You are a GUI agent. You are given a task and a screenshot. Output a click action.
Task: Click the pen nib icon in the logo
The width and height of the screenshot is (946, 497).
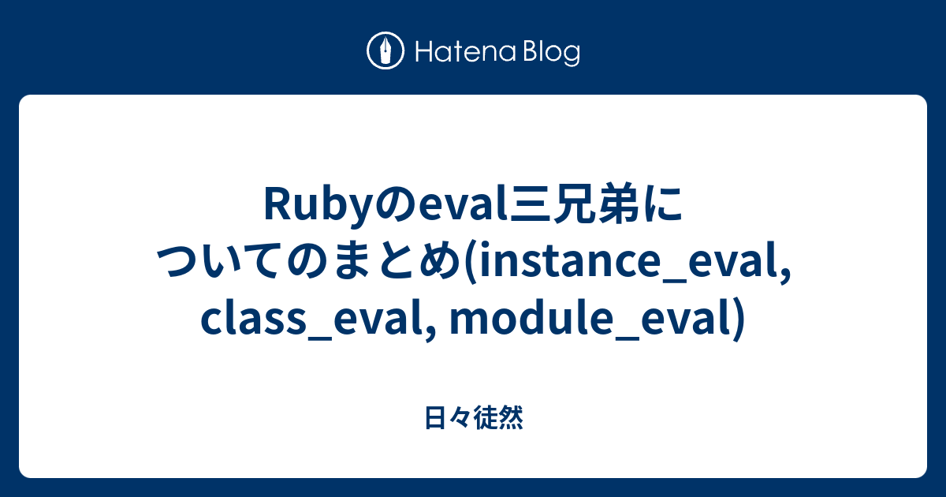click(x=385, y=52)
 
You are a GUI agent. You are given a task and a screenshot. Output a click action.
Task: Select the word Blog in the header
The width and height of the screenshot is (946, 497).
click(x=550, y=53)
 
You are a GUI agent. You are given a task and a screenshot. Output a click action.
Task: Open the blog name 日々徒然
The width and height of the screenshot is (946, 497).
click(x=473, y=419)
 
